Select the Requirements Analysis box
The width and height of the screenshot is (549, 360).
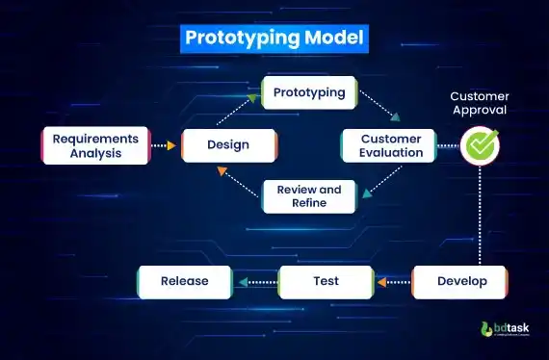[96, 145]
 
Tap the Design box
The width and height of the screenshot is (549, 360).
[228, 145]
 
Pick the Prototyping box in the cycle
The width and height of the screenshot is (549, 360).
[310, 92]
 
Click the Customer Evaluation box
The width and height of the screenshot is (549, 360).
[391, 145]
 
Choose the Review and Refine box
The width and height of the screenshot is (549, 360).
[309, 196]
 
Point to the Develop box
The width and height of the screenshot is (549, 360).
[461, 282]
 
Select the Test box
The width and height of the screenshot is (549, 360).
[326, 282]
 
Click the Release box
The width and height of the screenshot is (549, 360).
[185, 282]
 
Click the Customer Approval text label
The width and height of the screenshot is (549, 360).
[479, 103]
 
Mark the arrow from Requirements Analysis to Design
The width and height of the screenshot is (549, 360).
[167, 145]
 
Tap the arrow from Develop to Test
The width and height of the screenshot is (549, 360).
[394, 282]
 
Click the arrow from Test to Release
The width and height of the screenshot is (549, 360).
[255, 282]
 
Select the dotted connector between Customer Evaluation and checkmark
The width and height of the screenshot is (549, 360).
[447, 145]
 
